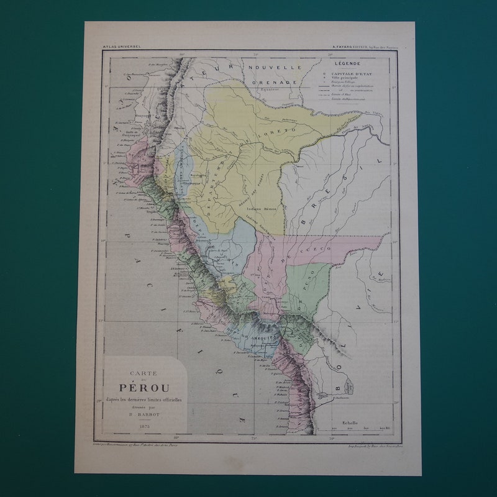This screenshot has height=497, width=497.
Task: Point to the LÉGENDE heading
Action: point(347,63)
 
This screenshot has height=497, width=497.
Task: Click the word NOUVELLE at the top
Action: point(274,67)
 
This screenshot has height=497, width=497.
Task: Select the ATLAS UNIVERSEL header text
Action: point(122,46)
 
